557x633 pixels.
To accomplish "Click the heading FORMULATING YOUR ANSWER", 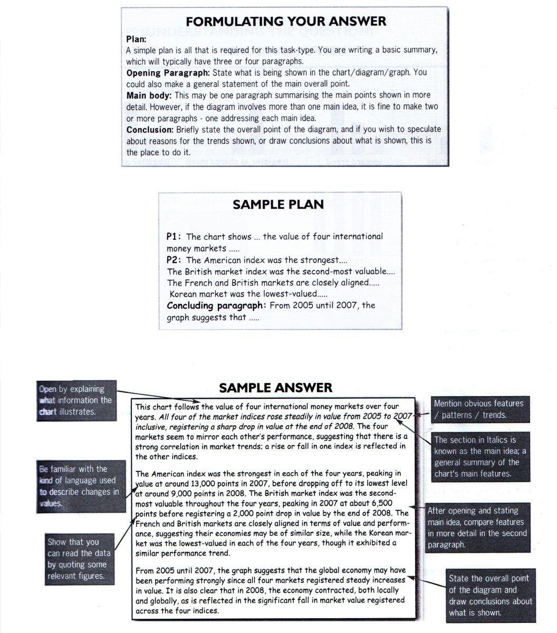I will coord(286,22).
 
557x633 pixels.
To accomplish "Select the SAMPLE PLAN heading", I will coord(278,205).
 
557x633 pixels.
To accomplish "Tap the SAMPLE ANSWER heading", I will coord(275,388).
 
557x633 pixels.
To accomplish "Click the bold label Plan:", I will coord(137,39).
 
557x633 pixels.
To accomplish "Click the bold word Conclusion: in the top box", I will coord(150,129).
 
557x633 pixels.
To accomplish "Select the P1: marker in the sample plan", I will coord(174,237).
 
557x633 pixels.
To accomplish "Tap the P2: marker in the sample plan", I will coord(175,260).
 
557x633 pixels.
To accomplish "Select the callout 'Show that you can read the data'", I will coord(79,559).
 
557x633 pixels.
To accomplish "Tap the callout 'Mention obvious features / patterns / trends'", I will coord(478,409).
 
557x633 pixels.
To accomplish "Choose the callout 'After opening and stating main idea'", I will coord(477,527).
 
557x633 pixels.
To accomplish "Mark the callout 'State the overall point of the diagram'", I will coord(491,596).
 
